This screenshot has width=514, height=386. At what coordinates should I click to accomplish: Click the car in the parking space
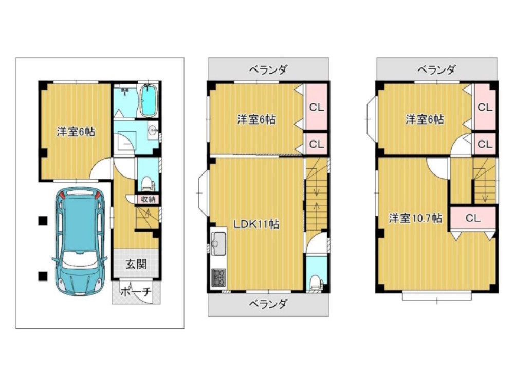(79, 241)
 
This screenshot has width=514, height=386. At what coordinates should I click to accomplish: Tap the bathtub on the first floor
(150, 100)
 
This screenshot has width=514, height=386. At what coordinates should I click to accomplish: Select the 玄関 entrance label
(136, 264)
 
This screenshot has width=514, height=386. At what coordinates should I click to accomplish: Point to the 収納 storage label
(148, 199)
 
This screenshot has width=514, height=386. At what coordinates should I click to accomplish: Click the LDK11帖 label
(256, 224)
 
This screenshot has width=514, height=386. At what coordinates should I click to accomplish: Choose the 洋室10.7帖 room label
(415, 218)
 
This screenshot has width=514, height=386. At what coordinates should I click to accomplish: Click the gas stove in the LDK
(218, 277)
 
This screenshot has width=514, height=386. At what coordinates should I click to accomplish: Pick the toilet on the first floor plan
(147, 183)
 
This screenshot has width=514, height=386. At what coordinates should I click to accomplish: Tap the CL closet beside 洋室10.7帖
(473, 218)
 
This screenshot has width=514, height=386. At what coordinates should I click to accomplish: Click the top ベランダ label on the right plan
(436, 69)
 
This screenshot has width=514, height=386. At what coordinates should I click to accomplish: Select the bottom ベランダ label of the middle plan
(268, 304)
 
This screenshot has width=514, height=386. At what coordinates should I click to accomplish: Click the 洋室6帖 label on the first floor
(76, 132)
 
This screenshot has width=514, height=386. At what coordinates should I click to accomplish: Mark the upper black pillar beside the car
(43, 221)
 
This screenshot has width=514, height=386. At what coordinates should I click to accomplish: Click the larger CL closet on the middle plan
(316, 107)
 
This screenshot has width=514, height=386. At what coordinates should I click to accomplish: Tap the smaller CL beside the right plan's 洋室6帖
(485, 144)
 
